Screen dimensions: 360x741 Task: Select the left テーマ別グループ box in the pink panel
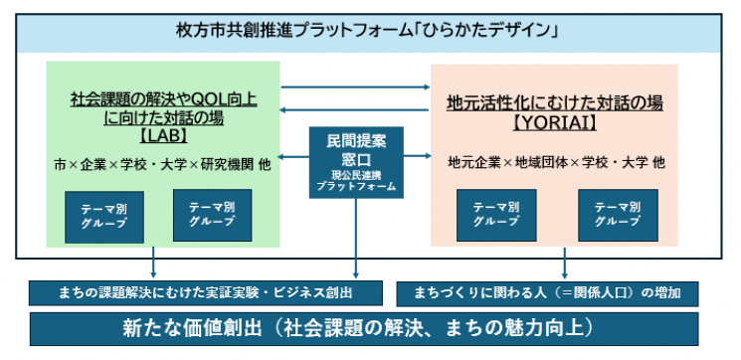[x=495, y=215]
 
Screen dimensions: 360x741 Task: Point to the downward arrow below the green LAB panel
[x=154, y=263]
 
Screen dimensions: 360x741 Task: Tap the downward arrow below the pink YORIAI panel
[x=565, y=263]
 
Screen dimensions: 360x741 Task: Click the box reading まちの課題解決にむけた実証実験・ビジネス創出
[x=205, y=293]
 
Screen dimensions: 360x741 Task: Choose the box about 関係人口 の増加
[x=548, y=293]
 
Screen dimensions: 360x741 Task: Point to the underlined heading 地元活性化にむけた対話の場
[x=555, y=102]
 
